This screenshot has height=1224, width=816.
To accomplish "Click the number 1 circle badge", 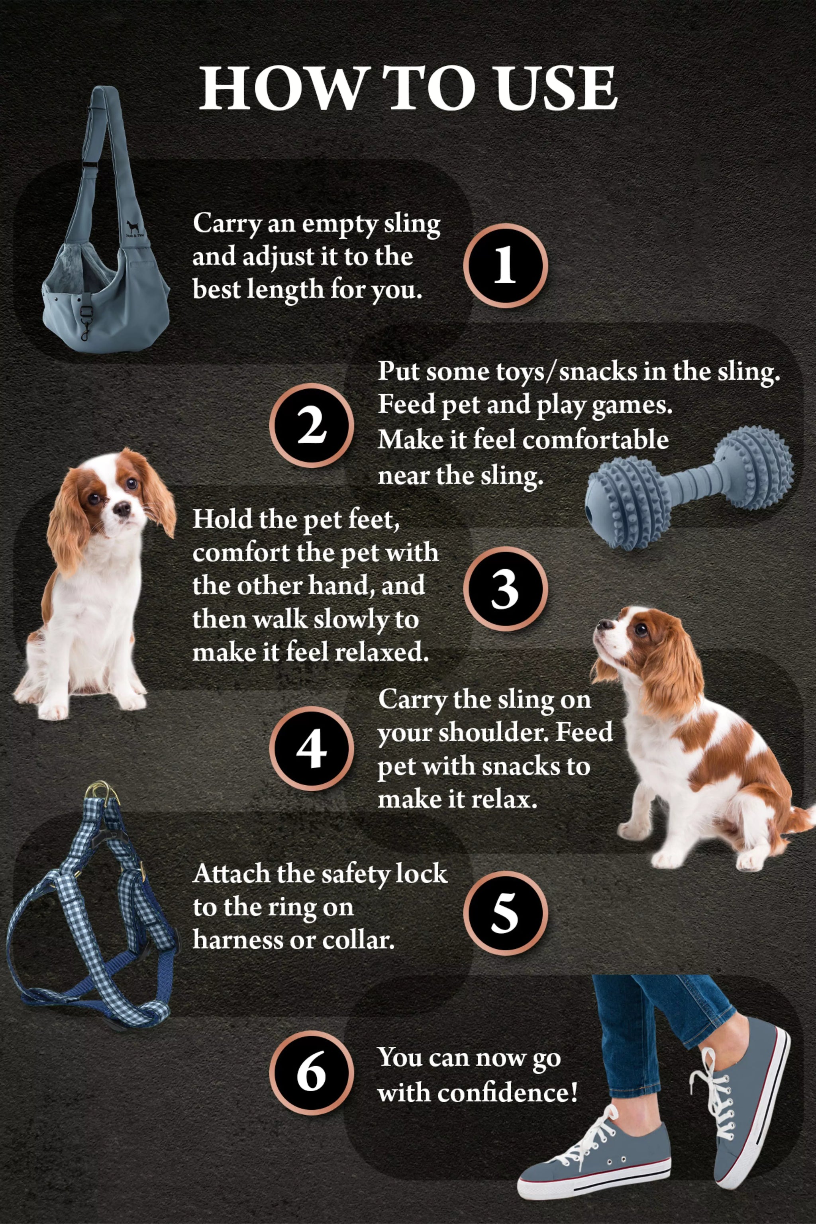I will pos(505,265).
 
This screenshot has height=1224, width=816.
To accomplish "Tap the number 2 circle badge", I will pos(311,425).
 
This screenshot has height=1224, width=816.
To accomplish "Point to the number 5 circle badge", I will pos(505,913).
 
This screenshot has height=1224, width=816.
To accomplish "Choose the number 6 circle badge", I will pos(311,1073).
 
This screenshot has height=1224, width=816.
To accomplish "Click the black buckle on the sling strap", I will pos(92,165).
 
